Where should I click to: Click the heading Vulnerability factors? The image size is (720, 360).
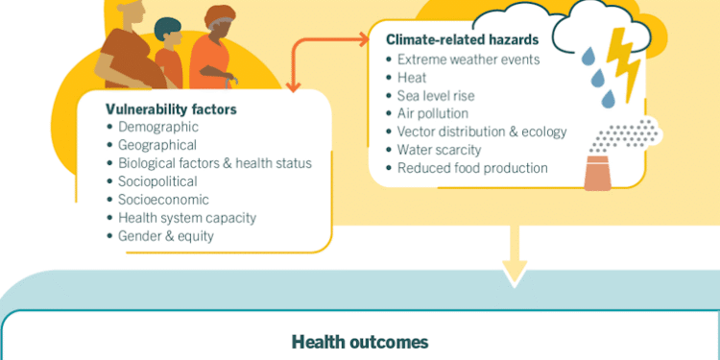171,109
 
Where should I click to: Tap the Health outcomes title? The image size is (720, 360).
360,342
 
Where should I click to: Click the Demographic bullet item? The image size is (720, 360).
158,128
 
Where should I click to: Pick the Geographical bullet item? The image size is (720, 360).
157,145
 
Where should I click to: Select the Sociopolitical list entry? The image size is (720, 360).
158,181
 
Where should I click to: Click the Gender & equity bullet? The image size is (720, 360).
166,236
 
